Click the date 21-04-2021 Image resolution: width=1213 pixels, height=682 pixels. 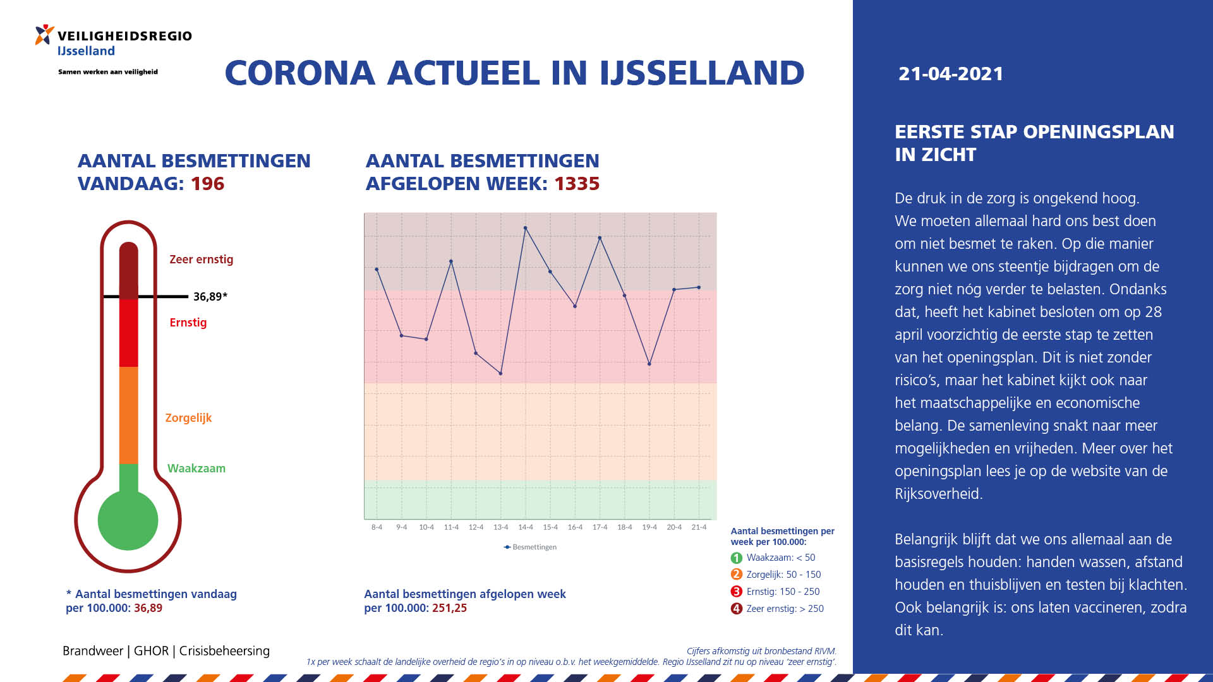(951, 74)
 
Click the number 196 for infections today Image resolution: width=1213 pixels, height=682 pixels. (208, 184)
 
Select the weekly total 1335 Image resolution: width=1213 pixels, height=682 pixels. (577, 184)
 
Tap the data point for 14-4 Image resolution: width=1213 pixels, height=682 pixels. (526, 228)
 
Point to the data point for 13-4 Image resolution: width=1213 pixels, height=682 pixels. (501, 373)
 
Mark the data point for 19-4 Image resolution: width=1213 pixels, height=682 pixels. (649, 364)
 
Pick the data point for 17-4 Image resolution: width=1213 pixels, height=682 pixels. (600, 238)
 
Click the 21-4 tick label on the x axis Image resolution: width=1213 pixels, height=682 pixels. (699, 527)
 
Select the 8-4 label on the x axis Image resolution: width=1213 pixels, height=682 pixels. (377, 527)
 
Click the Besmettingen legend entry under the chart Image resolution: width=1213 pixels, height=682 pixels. (530, 547)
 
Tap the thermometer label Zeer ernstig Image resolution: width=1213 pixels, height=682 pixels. (202, 260)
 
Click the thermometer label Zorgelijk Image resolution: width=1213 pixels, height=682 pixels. (188, 418)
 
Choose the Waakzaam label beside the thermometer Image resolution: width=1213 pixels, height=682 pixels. (196, 469)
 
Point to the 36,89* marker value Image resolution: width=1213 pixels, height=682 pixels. (210, 297)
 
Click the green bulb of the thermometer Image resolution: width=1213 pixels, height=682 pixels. (128, 520)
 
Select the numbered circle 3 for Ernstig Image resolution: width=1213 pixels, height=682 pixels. (736, 592)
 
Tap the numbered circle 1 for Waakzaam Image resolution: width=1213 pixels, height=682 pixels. (736, 558)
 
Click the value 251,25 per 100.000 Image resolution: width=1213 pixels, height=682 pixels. (449, 608)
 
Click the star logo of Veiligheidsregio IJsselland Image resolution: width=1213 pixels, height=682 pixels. (44, 35)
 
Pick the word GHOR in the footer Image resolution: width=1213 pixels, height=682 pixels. (151, 651)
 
